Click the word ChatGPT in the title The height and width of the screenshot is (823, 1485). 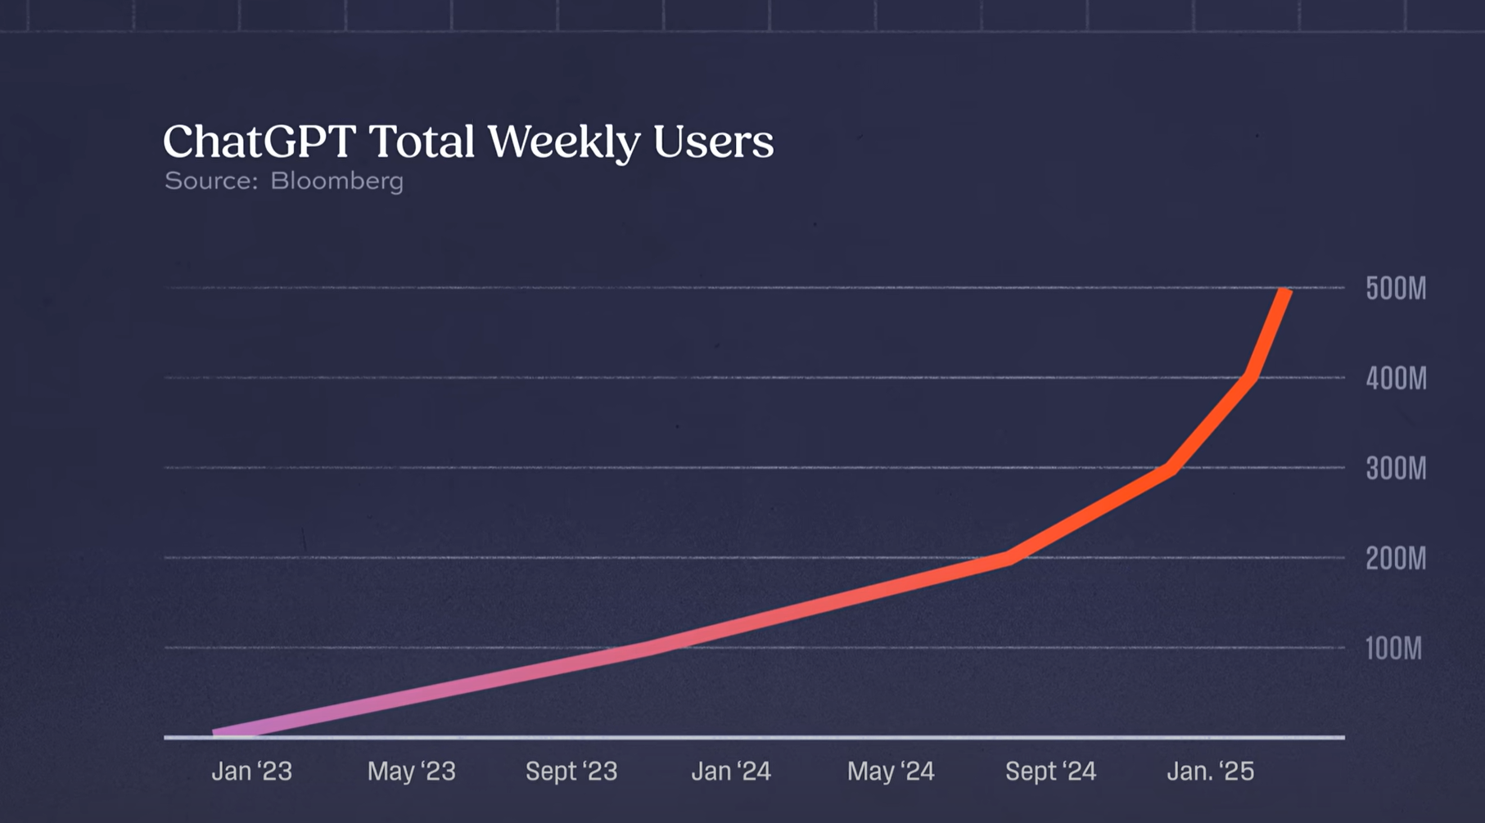pyautogui.click(x=260, y=142)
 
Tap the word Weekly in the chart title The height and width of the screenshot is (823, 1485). pyautogui.click(x=564, y=142)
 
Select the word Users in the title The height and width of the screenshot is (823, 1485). pyautogui.click(x=713, y=142)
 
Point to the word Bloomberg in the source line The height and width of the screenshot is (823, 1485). pyautogui.click(x=336, y=181)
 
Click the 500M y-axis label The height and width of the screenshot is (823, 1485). pyautogui.click(x=1396, y=289)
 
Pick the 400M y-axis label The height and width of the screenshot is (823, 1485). pyautogui.click(x=1396, y=379)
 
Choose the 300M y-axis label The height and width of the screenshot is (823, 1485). pyautogui.click(x=1396, y=469)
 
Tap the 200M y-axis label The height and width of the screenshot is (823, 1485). pyautogui.click(x=1396, y=559)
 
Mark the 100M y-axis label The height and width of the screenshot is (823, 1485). pyautogui.click(x=1393, y=649)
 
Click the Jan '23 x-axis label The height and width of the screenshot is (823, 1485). pyautogui.click(x=251, y=771)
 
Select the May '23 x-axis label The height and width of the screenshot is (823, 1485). pyautogui.click(x=411, y=771)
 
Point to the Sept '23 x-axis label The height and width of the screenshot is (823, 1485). pyautogui.click(x=571, y=771)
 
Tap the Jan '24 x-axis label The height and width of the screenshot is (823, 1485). pyautogui.click(x=731, y=771)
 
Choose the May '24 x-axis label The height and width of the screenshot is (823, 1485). pyautogui.click(x=891, y=771)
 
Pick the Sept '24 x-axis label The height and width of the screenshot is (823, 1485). pyautogui.click(x=1050, y=771)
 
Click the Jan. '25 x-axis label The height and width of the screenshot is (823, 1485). pyautogui.click(x=1210, y=771)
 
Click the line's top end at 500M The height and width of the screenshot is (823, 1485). pyautogui.click(x=1285, y=292)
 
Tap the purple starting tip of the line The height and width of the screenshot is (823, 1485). pyautogui.click(x=218, y=733)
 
